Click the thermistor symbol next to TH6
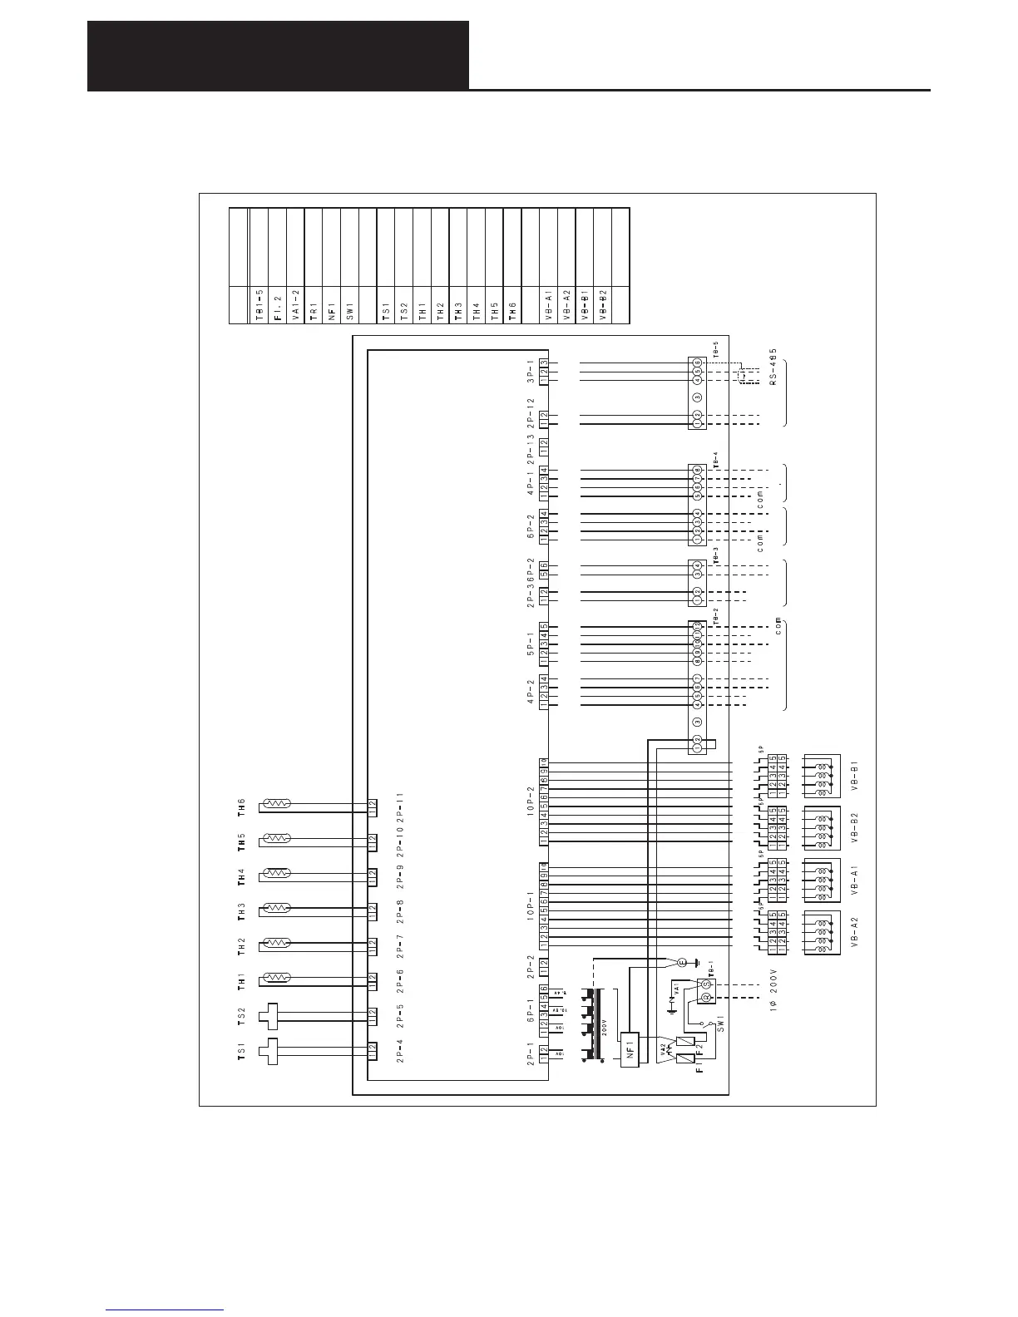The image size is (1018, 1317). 275,804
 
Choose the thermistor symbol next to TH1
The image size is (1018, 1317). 275,978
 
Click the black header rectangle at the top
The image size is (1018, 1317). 278,56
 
